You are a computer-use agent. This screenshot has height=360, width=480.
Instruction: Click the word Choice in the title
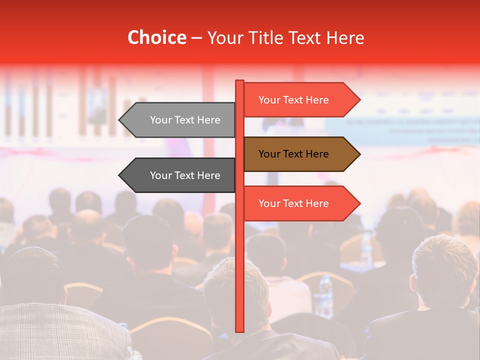[x=156, y=38]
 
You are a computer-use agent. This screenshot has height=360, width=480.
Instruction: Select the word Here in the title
[x=345, y=38]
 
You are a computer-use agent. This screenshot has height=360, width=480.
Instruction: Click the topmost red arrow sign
[x=300, y=100]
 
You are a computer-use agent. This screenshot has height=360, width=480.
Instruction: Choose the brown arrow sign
[x=300, y=154]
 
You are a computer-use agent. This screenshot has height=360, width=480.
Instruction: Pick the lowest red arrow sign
[x=300, y=203]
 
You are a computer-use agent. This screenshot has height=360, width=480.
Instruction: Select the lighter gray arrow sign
[x=180, y=120]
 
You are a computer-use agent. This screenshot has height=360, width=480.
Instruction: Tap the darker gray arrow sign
[x=180, y=175]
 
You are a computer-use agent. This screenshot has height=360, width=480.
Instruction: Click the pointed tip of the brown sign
[x=359, y=154]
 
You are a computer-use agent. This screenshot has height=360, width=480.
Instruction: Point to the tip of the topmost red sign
[x=359, y=100]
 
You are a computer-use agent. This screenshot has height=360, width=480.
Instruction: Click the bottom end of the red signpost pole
[x=239, y=330]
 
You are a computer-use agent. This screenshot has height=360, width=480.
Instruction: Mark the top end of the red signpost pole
[x=239, y=81]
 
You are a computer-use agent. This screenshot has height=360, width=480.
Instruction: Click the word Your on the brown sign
[x=269, y=154]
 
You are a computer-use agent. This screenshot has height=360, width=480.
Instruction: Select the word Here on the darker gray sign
[x=208, y=175]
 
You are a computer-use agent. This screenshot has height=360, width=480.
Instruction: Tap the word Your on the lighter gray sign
[x=161, y=120]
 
